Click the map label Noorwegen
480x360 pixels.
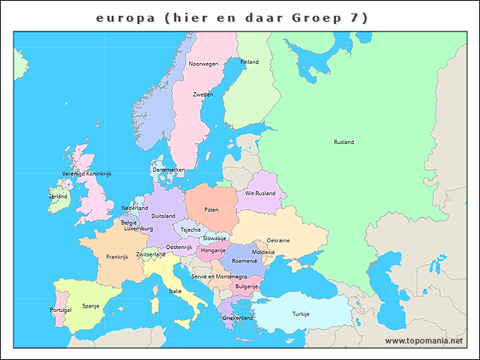(203, 64)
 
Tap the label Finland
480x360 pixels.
(249, 61)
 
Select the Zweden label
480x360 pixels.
(202, 94)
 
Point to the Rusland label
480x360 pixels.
(344, 142)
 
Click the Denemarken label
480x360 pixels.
(169, 169)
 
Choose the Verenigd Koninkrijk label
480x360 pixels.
(86, 173)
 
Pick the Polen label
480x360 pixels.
(211, 210)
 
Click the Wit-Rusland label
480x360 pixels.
(260, 193)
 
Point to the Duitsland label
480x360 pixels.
(163, 216)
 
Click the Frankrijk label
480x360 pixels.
(118, 256)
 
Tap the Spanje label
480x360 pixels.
(91, 305)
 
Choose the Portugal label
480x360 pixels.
(61, 310)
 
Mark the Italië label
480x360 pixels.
(175, 291)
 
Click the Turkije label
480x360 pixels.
(301, 313)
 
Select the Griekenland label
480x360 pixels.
(238, 317)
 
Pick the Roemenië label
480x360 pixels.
(244, 260)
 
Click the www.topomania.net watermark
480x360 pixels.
(424, 340)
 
